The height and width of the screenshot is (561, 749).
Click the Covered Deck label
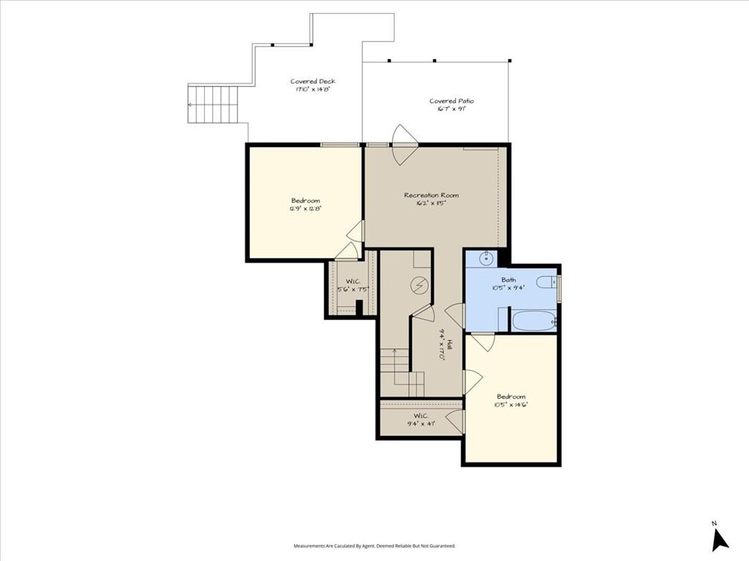[x=312, y=82]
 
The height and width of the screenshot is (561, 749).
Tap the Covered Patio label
[x=447, y=101]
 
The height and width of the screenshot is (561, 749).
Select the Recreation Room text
[x=432, y=195]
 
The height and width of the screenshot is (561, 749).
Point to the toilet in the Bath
[x=546, y=282]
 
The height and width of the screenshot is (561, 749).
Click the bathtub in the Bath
[x=533, y=321]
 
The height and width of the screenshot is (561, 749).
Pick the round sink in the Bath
[x=486, y=258]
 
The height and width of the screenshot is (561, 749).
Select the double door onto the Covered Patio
[x=404, y=145]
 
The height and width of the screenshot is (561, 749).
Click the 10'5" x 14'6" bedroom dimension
[x=511, y=405]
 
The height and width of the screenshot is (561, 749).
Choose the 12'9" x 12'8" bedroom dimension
[x=306, y=209]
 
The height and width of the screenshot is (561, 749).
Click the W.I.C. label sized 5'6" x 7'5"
[x=351, y=281]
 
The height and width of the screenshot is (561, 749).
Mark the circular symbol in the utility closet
[x=420, y=285]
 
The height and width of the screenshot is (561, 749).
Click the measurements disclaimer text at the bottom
[x=374, y=546]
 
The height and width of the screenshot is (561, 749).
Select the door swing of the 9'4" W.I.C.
[x=456, y=421]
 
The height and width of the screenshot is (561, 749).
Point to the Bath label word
[x=508, y=280]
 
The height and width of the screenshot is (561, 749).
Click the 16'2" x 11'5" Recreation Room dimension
[x=432, y=204]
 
